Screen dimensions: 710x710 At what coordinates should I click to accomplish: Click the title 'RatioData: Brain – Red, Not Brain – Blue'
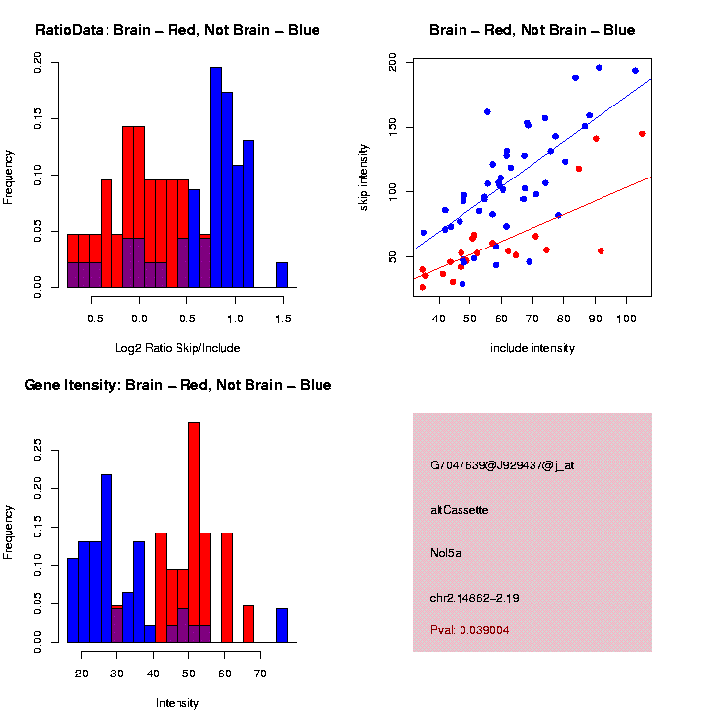click(x=177, y=30)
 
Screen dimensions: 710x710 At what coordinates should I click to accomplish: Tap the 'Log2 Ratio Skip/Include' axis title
click(x=177, y=348)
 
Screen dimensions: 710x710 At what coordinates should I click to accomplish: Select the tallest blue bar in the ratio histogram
click(x=216, y=177)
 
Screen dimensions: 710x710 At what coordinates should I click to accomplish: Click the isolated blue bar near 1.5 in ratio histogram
click(x=282, y=275)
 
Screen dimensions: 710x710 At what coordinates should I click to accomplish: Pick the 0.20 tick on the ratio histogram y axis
click(x=39, y=64)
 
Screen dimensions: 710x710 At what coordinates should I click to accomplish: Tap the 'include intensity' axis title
click(x=532, y=348)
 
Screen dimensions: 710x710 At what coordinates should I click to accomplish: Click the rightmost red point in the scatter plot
click(x=642, y=134)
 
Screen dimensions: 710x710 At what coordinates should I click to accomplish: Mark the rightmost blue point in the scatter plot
click(x=635, y=71)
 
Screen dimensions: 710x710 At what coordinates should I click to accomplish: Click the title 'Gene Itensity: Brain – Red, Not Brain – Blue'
click(x=177, y=385)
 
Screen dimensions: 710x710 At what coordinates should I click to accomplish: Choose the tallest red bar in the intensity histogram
click(x=194, y=532)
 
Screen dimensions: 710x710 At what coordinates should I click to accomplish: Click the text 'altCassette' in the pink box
click(x=460, y=510)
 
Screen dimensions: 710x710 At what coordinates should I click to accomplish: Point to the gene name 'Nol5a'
click(x=446, y=553)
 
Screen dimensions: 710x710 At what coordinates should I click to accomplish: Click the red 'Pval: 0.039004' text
click(x=469, y=629)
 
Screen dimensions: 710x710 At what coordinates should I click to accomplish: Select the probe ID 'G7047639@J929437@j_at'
click(x=502, y=465)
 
